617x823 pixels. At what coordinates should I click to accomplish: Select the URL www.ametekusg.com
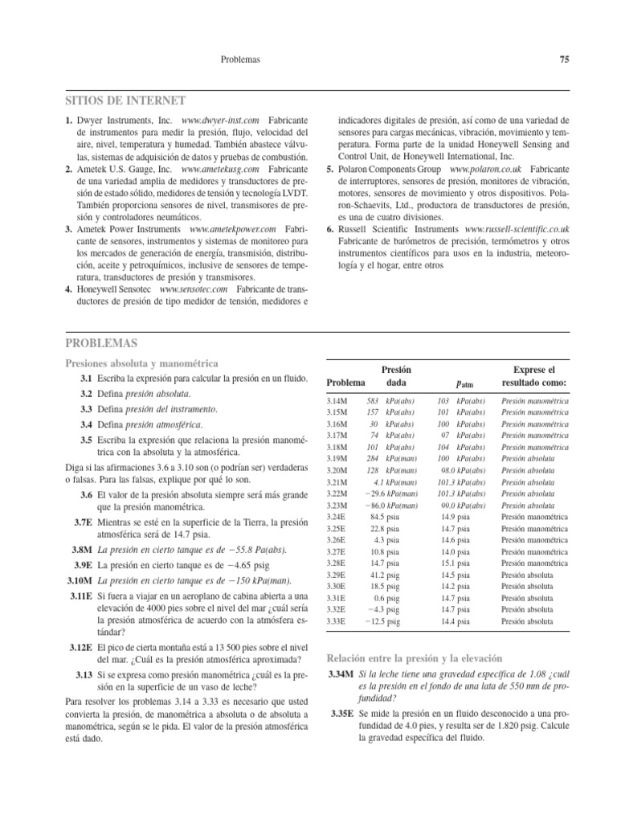219,170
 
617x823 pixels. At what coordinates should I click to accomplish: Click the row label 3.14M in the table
338,400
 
